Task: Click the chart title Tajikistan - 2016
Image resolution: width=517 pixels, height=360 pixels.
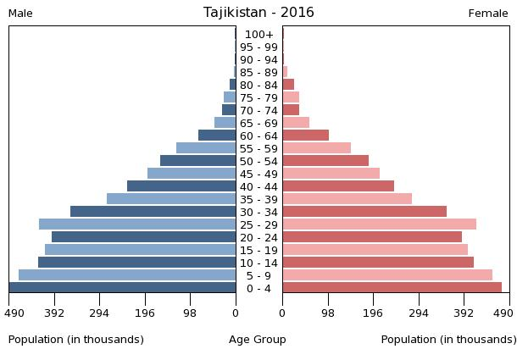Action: pyautogui.click(x=258, y=13)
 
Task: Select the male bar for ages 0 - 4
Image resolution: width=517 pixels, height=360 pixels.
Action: pyautogui.click(x=123, y=288)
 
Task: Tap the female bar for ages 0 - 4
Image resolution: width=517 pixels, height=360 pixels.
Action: pyautogui.click(x=392, y=288)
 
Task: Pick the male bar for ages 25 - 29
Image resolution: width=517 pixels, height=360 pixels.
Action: pyautogui.click(x=137, y=224)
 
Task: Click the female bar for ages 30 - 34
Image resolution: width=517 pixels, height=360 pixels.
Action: pyautogui.click(x=364, y=212)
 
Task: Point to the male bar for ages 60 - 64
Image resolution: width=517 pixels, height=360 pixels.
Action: pyautogui.click(x=217, y=136)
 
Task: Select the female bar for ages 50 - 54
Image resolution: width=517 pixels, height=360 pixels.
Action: pyautogui.click(x=325, y=161)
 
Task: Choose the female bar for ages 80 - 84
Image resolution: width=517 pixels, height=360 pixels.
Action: pyautogui.click(x=288, y=85)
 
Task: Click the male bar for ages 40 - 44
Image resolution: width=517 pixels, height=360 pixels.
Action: pyautogui.click(x=181, y=186)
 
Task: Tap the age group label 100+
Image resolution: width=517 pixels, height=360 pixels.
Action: pyautogui.click(x=258, y=35)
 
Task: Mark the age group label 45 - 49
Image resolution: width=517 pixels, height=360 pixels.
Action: pyautogui.click(x=258, y=174)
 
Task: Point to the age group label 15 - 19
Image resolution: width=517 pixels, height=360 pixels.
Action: pyautogui.click(x=258, y=250)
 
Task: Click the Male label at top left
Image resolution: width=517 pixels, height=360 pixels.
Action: pyautogui.click(x=20, y=14)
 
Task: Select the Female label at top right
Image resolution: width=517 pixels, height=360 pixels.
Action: pyautogui.click(x=488, y=14)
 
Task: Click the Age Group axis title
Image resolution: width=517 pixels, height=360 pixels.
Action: pyautogui.click(x=258, y=340)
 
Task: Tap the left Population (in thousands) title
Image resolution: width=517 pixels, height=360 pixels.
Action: pyautogui.click(x=76, y=340)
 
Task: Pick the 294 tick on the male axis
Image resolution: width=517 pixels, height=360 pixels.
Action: pyautogui.click(x=99, y=313)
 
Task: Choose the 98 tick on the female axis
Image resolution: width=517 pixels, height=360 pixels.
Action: pyautogui.click(x=327, y=313)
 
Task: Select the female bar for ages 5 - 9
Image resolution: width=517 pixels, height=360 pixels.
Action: pyautogui.click(x=387, y=275)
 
